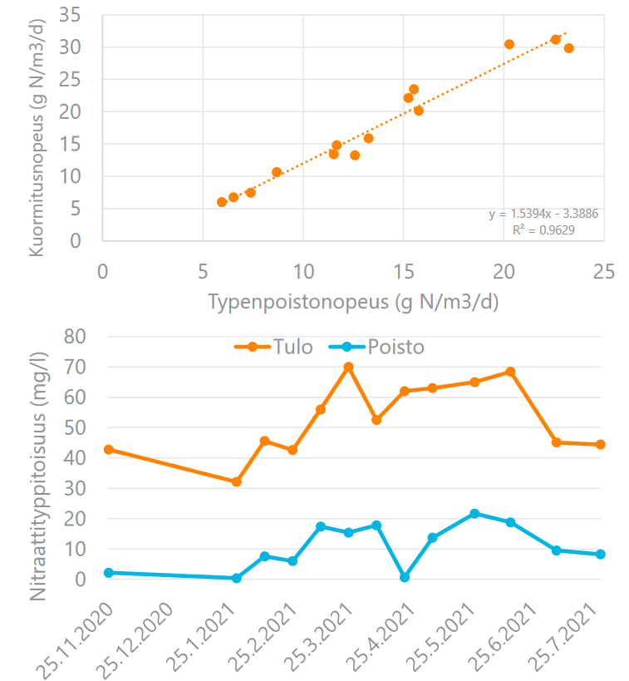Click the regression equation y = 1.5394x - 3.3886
coord(543,214)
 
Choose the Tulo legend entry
coord(273,347)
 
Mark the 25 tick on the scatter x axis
coord(604,272)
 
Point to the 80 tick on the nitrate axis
coord(76,336)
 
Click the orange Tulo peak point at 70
coord(349,367)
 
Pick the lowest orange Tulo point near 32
coord(236,481)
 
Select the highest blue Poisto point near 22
coord(474,514)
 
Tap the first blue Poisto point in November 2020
coord(109,572)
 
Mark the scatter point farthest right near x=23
coord(568,48)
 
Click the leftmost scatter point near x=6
coord(222,202)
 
